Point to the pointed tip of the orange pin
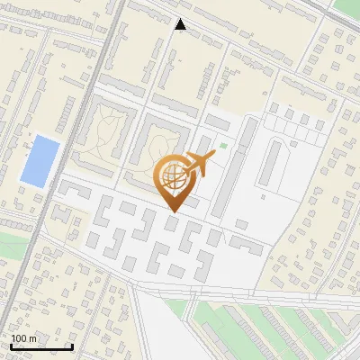[x=173, y=212]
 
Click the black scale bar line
[x=41, y=346]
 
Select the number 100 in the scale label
[x=19, y=338]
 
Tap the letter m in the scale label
[x=31, y=338]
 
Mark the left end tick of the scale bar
[x=11, y=346]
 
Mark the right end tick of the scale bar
[x=72, y=346]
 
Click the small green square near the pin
[x=223, y=144]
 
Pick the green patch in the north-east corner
[x=347, y=7]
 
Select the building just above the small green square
[x=218, y=121]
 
